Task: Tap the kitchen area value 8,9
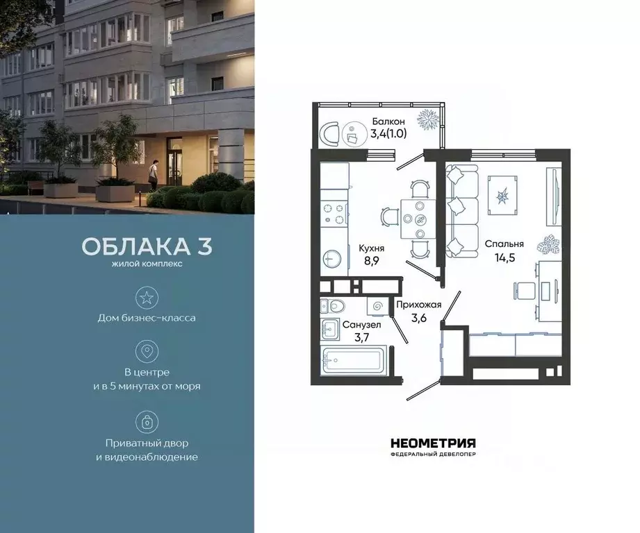tap(372, 262)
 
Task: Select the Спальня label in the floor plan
tap(504, 244)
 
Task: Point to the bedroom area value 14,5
tap(504, 258)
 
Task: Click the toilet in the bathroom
tap(334, 305)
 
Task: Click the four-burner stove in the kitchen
tap(333, 214)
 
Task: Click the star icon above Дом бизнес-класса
tap(147, 298)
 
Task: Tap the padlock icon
tap(147, 421)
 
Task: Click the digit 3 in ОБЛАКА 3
tap(203, 247)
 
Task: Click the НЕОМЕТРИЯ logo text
tap(432, 443)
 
